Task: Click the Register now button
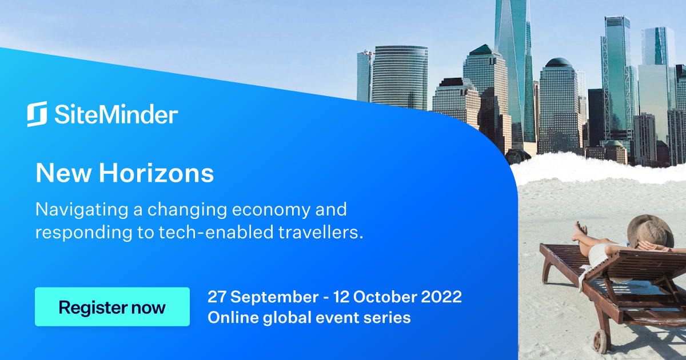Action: click(112, 307)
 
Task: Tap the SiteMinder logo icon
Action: click(37, 114)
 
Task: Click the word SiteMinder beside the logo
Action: click(117, 114)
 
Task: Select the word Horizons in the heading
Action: click(156, 173)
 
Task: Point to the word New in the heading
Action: click(63, 173)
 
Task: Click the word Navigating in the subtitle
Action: click(82, 210)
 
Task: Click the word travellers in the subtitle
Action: click(321, 232)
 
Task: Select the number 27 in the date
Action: click(217, 297)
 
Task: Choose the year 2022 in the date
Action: click(441, 297)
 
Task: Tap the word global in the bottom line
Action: click(287, 318)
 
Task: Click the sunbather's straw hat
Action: click(650, 232)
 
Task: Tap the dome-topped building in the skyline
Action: click(559, 107)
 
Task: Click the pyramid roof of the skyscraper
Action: click(485, 50)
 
